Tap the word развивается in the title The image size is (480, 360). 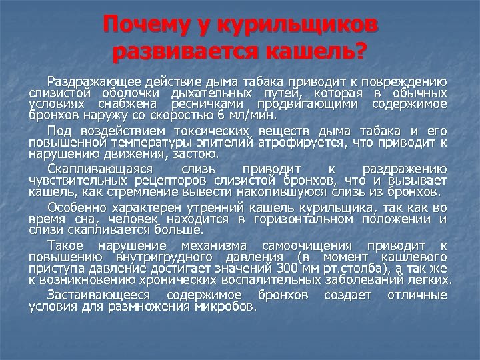point(180,51)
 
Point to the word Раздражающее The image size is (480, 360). point(93,81)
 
